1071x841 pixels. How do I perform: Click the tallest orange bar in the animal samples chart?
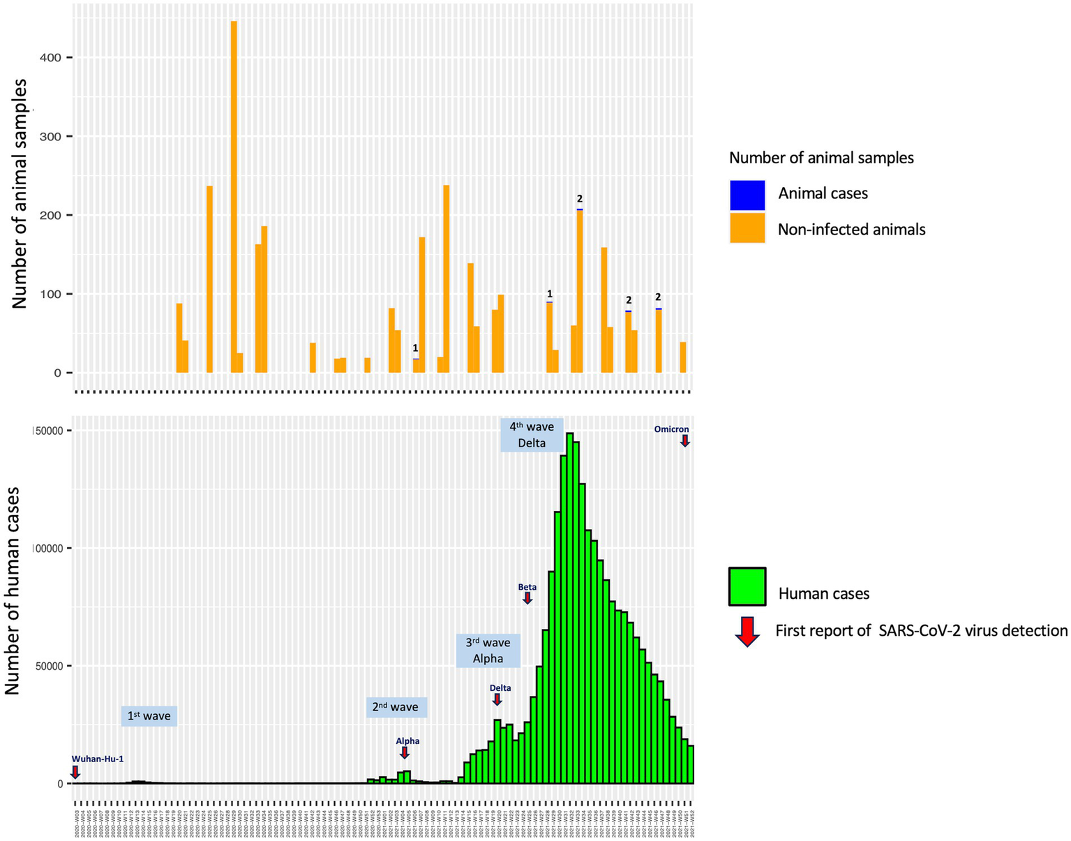[234, 195]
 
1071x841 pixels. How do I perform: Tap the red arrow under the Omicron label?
[685, 440]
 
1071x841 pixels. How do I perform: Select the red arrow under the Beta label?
[527, 597]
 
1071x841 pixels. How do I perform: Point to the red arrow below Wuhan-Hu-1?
[75, 772]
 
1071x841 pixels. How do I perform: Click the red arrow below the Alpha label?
[405, 752]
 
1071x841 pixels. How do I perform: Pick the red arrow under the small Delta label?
[497, 699]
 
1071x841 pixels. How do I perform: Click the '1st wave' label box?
[149, 716]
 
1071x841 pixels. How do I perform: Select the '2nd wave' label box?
[396, 707]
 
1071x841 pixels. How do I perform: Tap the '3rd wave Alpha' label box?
[488, 650]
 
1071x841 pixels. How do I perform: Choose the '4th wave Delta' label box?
[532, 435]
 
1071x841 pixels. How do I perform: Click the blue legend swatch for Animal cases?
[747, 195]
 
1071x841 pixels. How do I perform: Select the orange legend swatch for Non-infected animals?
[747, 228]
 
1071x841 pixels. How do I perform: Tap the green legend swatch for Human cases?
[747, 586]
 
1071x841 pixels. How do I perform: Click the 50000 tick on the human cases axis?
[49, 666]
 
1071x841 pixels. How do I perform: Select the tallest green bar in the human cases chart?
[570, 607]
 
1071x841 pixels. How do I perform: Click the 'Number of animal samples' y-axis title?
[19, 193]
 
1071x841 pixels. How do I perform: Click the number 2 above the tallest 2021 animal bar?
[580, 199]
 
